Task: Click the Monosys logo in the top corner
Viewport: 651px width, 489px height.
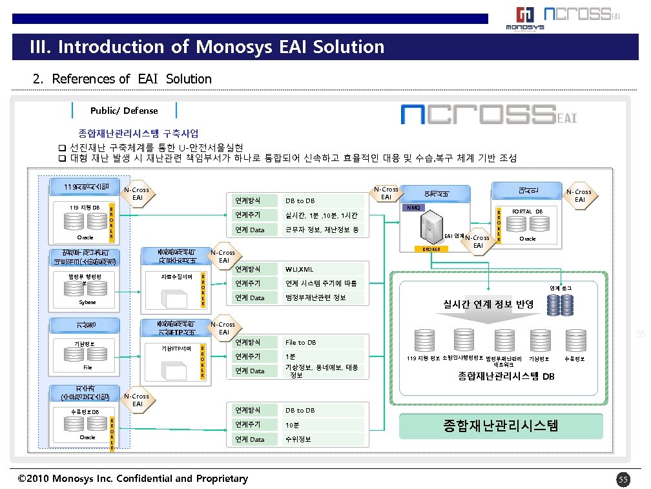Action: click(524, 17)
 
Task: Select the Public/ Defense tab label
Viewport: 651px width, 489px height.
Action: click(124, 111)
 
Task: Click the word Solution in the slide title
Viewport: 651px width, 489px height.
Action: click(349, 47)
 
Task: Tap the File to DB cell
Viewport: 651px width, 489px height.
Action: click(301, 342)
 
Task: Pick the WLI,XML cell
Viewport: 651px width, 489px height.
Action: click(300, 269)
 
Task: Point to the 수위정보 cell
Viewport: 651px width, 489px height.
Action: click(298, 439)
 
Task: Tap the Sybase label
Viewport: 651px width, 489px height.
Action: click(87, 302)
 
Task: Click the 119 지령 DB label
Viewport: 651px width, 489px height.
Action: click(85, 207)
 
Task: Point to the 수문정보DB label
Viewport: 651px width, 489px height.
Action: click(85, 411)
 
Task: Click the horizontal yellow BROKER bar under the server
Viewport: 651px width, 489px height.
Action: click(431, 249)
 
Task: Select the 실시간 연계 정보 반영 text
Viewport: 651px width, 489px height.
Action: click(488, 304)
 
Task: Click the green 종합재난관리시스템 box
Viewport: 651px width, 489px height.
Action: click(501, 426)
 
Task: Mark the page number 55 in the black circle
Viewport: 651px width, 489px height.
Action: click(623, 479)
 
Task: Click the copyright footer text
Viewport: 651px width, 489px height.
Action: click(133, 479)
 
